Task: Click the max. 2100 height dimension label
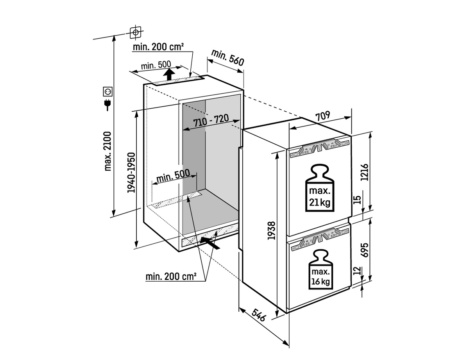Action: pyautogui.click(x=108, y=151)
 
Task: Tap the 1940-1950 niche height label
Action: pyautogui.click(x=131, y=173)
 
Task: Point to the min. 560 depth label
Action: pyautogui.click(x=228, y=57)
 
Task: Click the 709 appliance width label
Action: pyautogui.click(x=323, y=116)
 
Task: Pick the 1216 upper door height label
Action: pyautogui.click(x=364, y=172)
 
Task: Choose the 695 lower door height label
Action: pyautogui.click(x=364, y=250)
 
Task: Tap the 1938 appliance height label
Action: pyautogui.click(x=271, y=230)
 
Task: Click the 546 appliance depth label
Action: pyautogui.click(x=259, y=315)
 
